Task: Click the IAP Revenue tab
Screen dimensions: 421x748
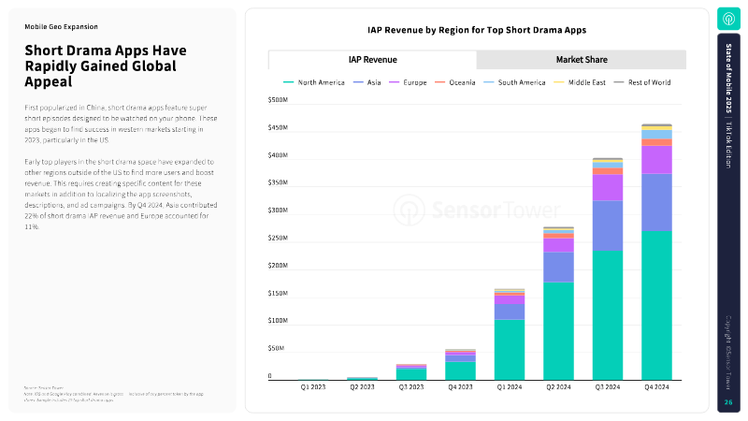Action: coord(372,60)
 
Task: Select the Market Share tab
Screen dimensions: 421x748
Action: coord(582,60)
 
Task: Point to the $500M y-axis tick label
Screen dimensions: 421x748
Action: coord(278,99)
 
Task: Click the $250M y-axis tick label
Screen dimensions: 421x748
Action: coord(278,238)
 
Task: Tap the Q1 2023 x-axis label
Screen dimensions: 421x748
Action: coord(313,386)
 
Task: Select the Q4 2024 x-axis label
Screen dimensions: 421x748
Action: coord(656,386)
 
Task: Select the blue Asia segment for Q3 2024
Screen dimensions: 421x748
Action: coord(607,225)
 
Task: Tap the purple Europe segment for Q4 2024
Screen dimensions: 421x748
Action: coord(656,159)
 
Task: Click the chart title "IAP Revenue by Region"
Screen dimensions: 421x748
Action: coord(477,30)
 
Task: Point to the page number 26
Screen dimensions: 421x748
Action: coord(728,402)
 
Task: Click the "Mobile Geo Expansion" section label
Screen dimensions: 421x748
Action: coord(61,27)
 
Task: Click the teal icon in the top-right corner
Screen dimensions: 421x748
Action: coord(728,19)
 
